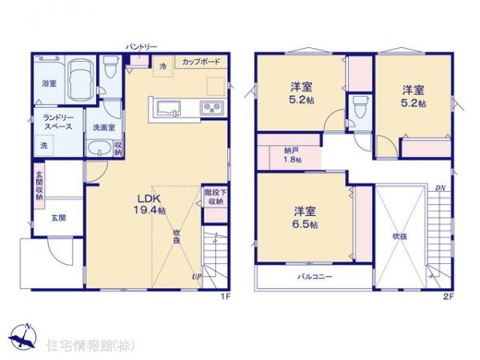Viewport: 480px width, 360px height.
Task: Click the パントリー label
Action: [x=142, y=46]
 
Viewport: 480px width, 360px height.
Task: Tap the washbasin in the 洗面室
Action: [x=99, y=147]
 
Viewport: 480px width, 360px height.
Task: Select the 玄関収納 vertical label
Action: [x=38, y=186]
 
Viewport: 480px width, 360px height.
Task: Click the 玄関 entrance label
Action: [x=59, y=218]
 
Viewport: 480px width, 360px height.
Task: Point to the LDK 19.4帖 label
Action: [x=150, y=205]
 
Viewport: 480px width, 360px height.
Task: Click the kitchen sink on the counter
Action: [x=172, y=108]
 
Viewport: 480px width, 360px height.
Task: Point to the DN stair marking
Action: [x=440, y=189]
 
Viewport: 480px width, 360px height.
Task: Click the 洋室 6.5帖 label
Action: [x=305, y=218]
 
